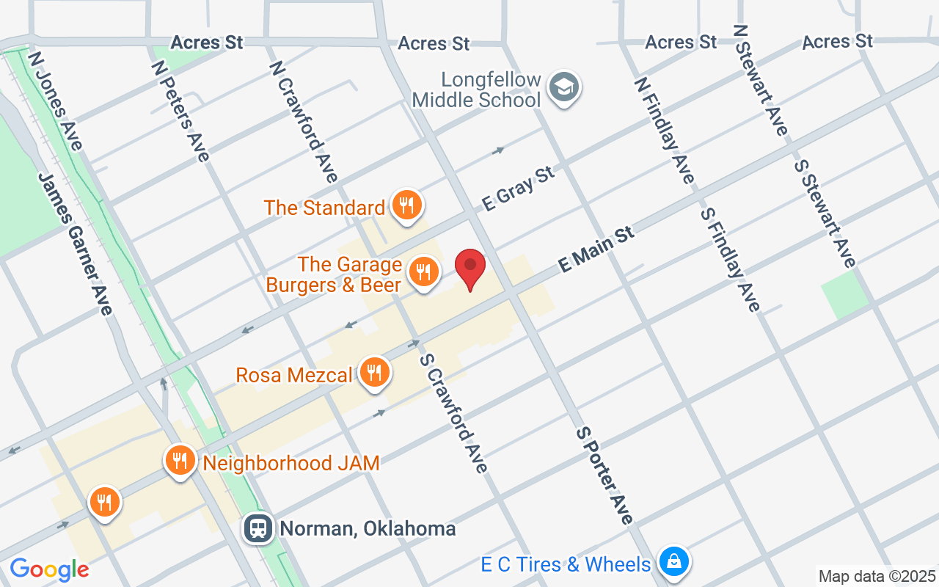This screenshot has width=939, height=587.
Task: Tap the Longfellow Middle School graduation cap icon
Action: (564, 88)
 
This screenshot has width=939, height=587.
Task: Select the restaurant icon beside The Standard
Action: (405, 205)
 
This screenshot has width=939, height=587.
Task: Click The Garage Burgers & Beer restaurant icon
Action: (423, 272)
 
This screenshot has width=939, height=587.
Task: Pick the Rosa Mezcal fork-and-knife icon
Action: (375, 373)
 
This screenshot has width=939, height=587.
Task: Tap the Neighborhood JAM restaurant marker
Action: (180, 461)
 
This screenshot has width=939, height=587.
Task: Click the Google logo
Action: (49, 569)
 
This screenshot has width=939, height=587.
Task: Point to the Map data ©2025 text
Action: (877, 576)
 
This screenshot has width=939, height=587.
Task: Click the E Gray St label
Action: (518, 189)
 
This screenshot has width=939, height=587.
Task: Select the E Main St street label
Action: (596, 249)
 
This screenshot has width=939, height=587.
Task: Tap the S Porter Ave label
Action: (604, 475)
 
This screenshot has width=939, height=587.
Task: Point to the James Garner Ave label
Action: (76, 244)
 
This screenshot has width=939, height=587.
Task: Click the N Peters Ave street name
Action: (180, 110)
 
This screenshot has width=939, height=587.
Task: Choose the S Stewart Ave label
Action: (825, 213)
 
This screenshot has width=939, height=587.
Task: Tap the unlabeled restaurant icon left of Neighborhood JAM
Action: (105, 503)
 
